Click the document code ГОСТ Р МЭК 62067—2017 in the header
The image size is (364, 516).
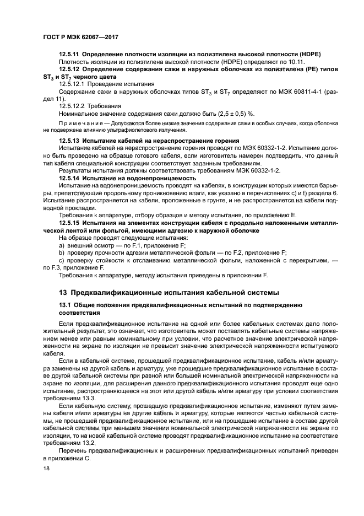click(x=82, y=37)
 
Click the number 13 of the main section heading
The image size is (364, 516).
click(x=63, y=292)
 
